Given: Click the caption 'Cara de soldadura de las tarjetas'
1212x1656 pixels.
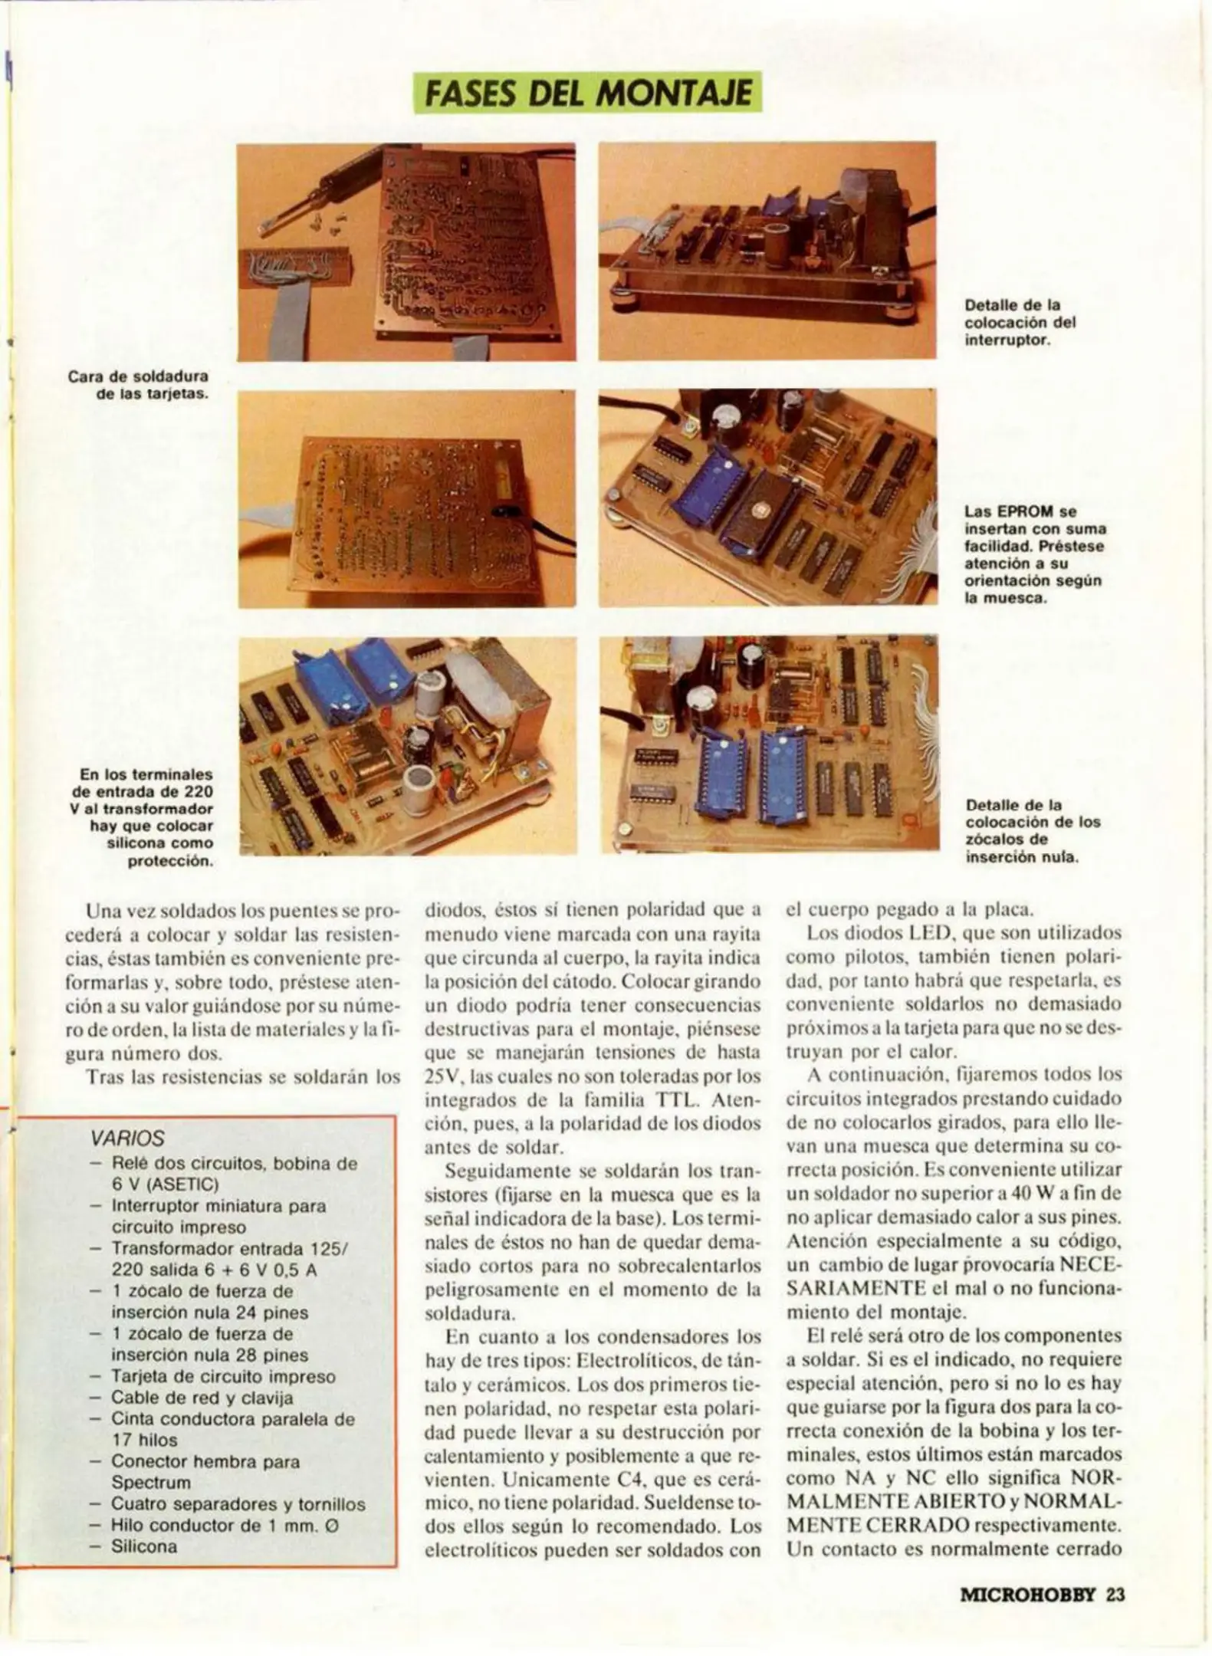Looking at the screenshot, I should click(x=139, y=386).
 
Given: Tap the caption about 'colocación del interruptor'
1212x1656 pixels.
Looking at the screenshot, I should click(x=1020, y=322).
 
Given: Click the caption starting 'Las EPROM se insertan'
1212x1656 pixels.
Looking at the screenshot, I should click(x=1034, y=554).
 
